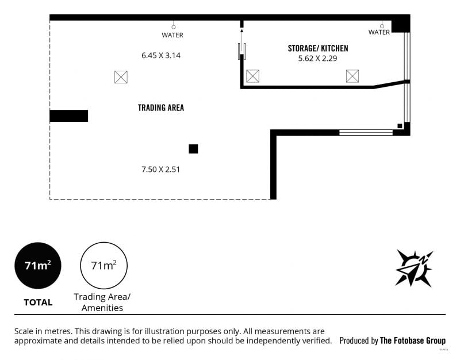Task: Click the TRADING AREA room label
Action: click(161, 108)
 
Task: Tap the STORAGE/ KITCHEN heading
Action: click(318, 48)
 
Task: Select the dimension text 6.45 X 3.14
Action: click(161, 55)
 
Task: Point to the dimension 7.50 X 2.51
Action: click(161, 169)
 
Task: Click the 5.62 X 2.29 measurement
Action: click(318, 59)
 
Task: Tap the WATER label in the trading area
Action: click(172, 35)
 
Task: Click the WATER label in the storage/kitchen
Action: click(379, 32)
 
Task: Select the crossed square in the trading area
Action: click(121, 77)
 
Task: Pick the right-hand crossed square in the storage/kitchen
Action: click(352, 76)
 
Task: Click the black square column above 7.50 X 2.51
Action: click(193, 149)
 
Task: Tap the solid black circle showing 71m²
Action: click(38, 266)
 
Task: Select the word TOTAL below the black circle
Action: click(38, 302)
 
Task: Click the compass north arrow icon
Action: click(413, 268)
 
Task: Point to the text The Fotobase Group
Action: click(413, 340)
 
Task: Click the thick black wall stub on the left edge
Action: click(68, 116)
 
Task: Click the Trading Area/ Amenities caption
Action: click(102, 302)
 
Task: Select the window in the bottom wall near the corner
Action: click(366, 133)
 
